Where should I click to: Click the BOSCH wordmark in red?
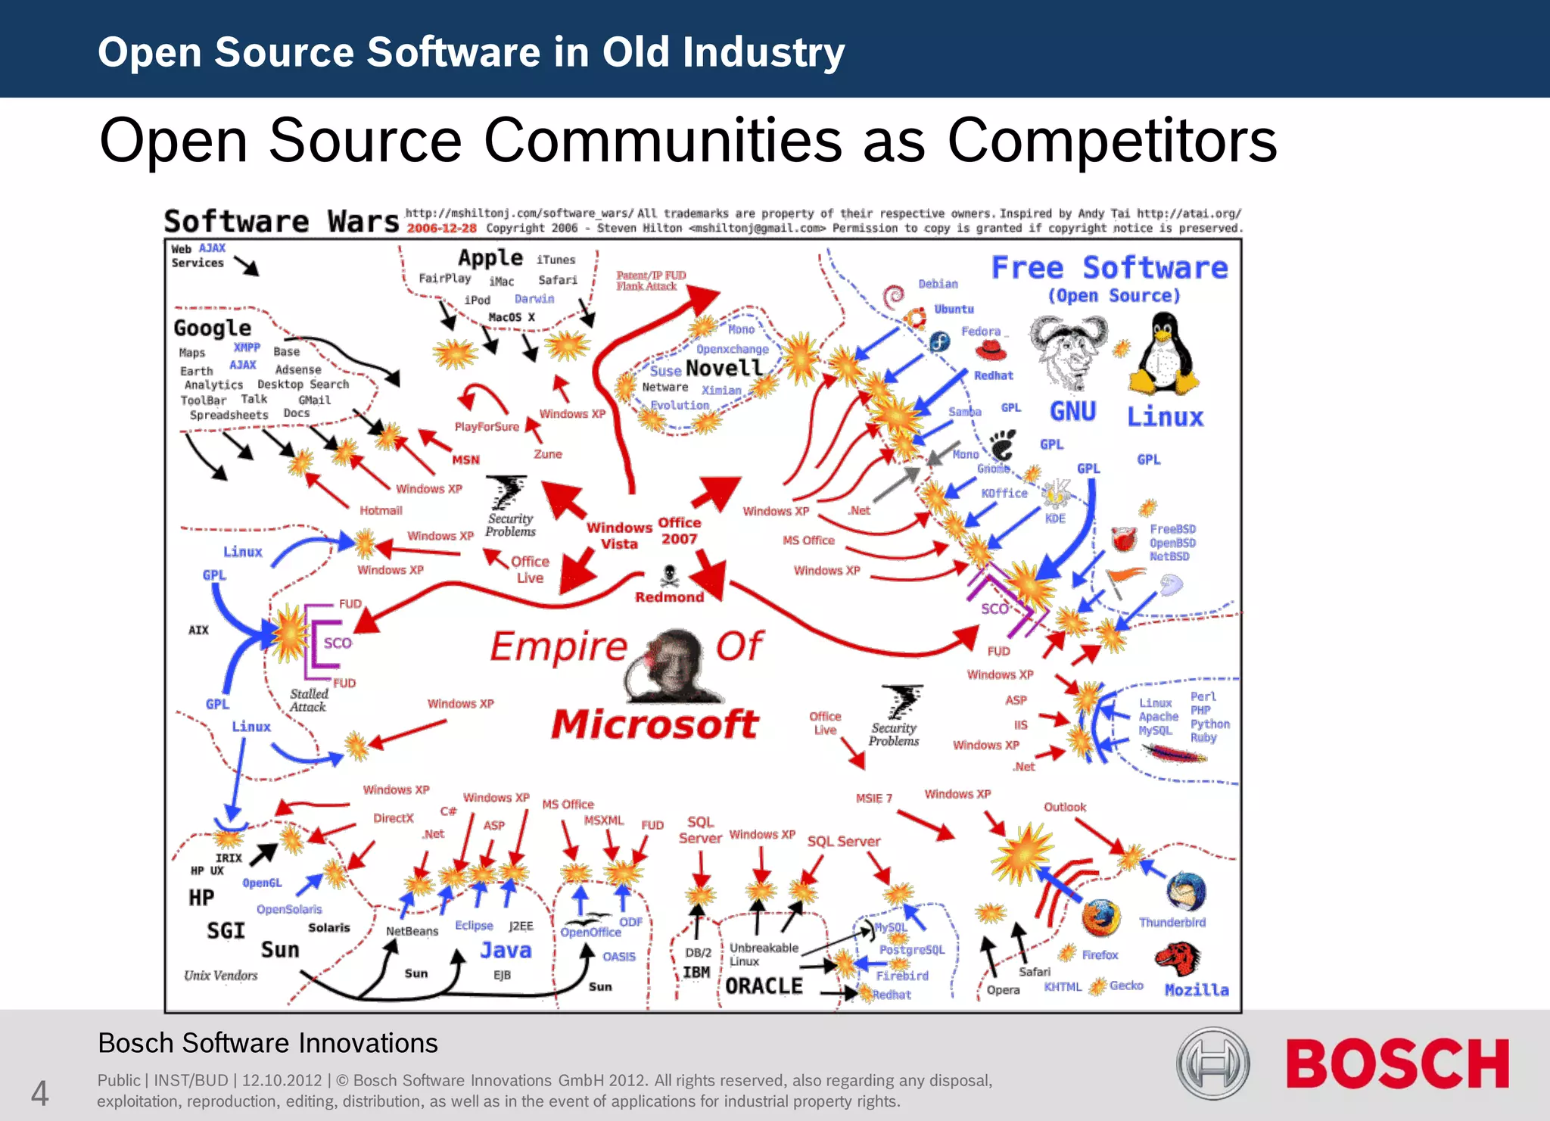(x=1397, y=1063)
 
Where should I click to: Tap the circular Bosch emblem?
(x=1212, y=1063)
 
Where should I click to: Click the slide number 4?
(x=39, y=1093)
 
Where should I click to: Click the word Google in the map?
(x=212, y=329)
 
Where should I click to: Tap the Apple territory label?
(x=490, y=258)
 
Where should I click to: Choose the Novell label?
(x=724, y=369)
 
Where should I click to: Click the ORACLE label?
(x=764, y=986)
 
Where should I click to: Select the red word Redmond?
(x=669, y=597)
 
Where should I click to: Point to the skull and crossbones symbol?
(x=669, y=576)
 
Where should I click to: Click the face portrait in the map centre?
(x=676, y=666)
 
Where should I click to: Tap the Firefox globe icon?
(x=1100, y=918)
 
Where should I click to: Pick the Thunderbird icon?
(x=1185, y=892)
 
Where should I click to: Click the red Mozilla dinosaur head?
(x=1178, y=959)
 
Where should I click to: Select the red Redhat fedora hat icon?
(x=990, y=350)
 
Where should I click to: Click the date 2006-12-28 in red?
(x=442, y=228)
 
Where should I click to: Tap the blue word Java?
(x=506, y=950)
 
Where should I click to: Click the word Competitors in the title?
(x=1112, y=141)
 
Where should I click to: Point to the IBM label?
(x=696, y=972)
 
